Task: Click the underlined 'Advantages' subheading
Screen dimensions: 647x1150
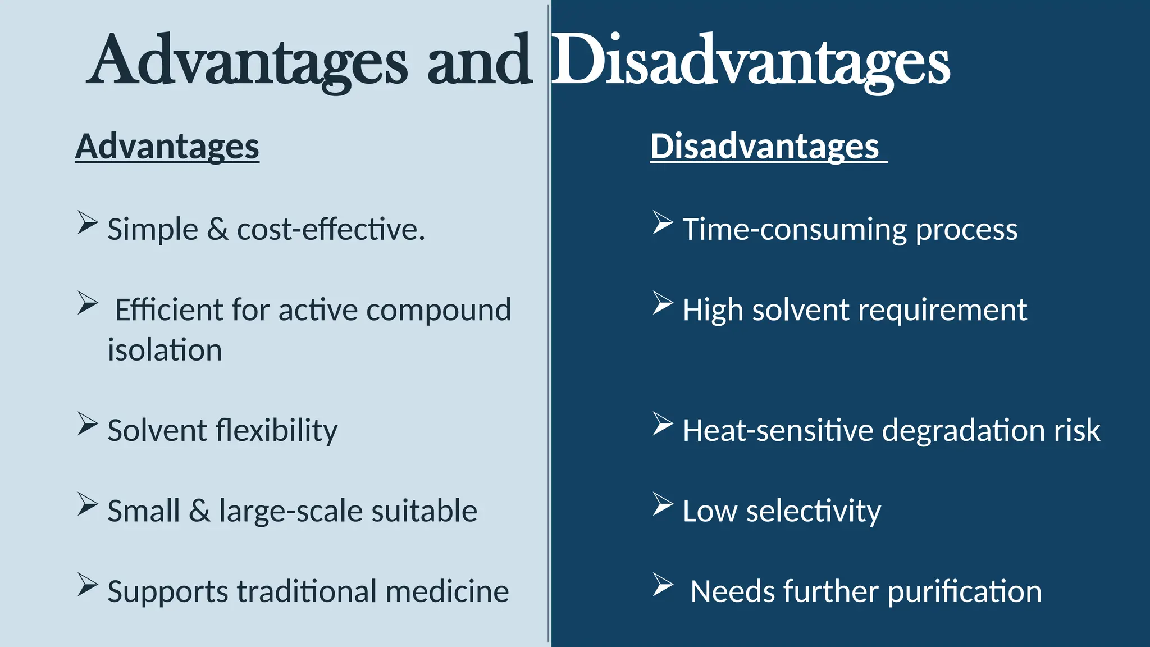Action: point(167,147)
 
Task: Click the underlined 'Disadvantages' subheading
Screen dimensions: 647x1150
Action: point(765,147)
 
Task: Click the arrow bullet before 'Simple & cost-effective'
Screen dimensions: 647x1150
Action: point(88,222)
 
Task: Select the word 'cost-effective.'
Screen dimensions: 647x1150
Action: point(331,230)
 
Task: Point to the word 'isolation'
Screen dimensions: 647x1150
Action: point(165,350)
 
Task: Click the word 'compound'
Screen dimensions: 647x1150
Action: point(439,310)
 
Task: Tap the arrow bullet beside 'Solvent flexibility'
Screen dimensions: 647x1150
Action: point(88,423)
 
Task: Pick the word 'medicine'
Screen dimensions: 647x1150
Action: point(447,591)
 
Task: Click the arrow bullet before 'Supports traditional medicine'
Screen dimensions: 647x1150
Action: point(88,585)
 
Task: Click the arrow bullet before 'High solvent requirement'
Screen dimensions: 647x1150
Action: point(663,303)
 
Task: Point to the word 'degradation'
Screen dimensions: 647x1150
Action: point(963,431)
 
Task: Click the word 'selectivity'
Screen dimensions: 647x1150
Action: point(813,512)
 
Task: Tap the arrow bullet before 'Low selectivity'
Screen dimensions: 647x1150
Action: point(663,504)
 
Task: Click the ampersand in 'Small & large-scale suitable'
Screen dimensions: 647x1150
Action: point(199,511)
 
